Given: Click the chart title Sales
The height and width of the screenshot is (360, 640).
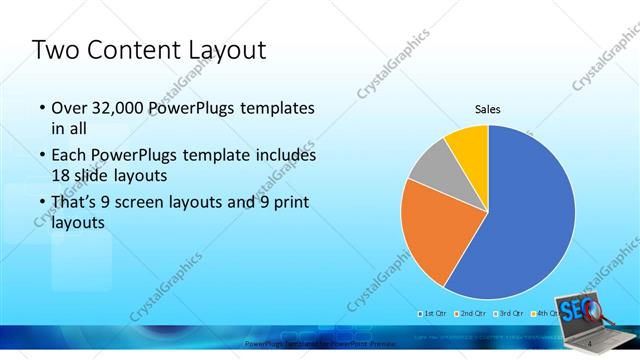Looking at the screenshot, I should (487, 110).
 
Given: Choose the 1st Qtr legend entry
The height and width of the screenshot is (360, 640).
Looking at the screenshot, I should (433, 314).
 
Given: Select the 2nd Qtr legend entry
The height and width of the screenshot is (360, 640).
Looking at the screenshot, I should (471, 314).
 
